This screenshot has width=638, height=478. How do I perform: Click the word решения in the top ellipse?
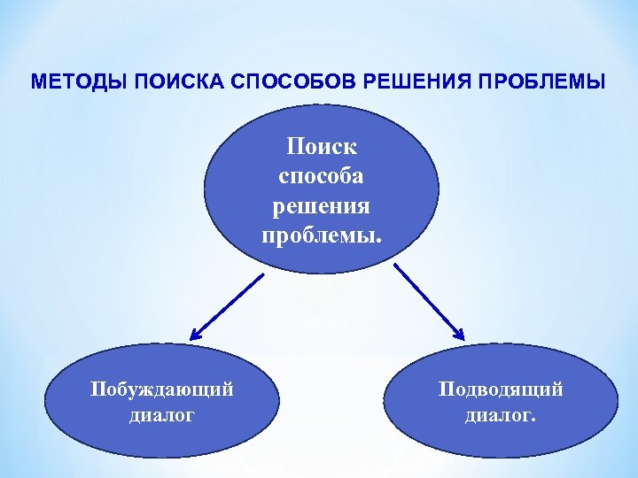click(x=321, y=205)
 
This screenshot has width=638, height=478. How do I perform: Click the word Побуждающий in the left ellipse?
click(x=161, y=389)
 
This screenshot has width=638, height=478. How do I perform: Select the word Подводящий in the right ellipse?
click(x=501, y=389)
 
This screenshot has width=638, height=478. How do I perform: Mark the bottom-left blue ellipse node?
click(x=161, y=402)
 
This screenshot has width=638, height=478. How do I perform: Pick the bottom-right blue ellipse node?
click(x=501, y=402)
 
